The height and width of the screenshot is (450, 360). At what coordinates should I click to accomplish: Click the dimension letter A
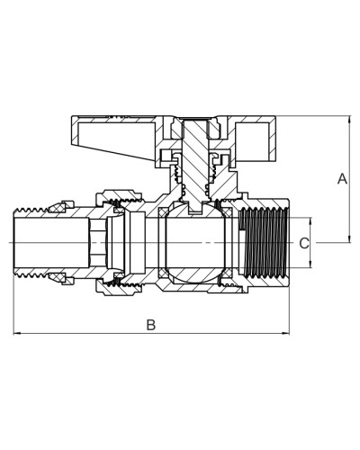342,179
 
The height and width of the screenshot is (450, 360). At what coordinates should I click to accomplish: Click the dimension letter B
151,325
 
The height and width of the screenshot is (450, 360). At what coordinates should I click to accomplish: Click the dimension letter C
304,243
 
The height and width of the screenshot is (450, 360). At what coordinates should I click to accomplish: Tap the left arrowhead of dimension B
17,333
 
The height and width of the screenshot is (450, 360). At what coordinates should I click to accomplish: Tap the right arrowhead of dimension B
285,333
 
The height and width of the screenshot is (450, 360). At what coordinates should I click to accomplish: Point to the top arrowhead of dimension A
349,120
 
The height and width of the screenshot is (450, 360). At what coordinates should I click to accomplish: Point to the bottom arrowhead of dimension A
349,238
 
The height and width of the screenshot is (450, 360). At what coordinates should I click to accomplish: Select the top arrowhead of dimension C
310,221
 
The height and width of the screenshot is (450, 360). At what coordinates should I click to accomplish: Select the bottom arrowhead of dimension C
310,264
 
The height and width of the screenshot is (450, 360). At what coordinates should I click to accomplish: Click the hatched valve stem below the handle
195,164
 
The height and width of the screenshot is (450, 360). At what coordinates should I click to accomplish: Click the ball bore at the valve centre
195,243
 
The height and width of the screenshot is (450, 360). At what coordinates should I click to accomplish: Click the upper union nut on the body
119,196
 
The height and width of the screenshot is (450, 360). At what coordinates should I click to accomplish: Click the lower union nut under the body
119,288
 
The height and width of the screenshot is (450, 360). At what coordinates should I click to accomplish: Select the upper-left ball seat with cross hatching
164,212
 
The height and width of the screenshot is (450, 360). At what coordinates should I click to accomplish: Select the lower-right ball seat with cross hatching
227,273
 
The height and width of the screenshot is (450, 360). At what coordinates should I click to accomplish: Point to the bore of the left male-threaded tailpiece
52,242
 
